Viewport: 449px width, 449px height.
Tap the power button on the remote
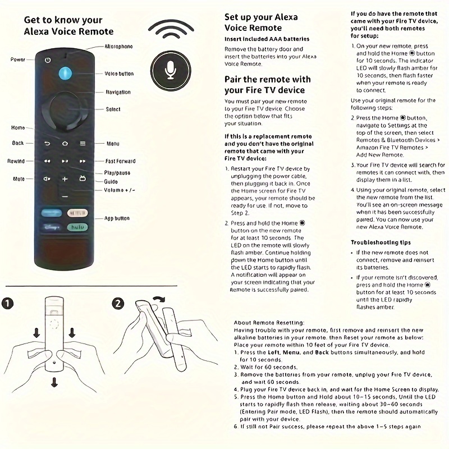[x=48, y=59]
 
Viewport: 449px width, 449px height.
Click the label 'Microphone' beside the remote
[x=119, y=47]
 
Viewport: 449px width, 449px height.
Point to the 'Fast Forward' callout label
[x=121, y=161]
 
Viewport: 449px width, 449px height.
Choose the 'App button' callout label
[x=117, y=218]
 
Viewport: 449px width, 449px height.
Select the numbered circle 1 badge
[x=7, y=304]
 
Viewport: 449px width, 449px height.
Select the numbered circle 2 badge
[x=117, y=303]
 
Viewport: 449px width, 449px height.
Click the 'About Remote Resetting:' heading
[x=269, y=323]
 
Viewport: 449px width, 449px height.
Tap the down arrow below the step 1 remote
[x=54, y=382]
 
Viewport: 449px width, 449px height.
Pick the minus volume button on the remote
[x=65, y=196]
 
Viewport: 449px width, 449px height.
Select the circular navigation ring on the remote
[x=65, y=109]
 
